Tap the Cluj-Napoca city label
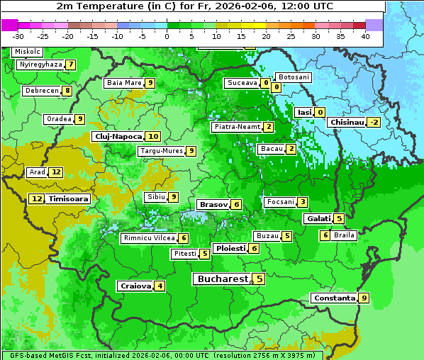118,136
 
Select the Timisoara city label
68,199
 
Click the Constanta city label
334,298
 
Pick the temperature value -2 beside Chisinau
374,123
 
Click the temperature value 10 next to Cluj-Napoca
152,136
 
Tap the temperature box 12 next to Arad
56,172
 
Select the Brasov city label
213,204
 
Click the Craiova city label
135,286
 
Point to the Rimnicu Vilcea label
147,238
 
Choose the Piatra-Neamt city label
237,127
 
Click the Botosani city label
293,77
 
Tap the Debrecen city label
41,91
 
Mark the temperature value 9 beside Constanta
364,298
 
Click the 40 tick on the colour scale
365,35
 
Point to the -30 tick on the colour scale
18,35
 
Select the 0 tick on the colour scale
167,35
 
